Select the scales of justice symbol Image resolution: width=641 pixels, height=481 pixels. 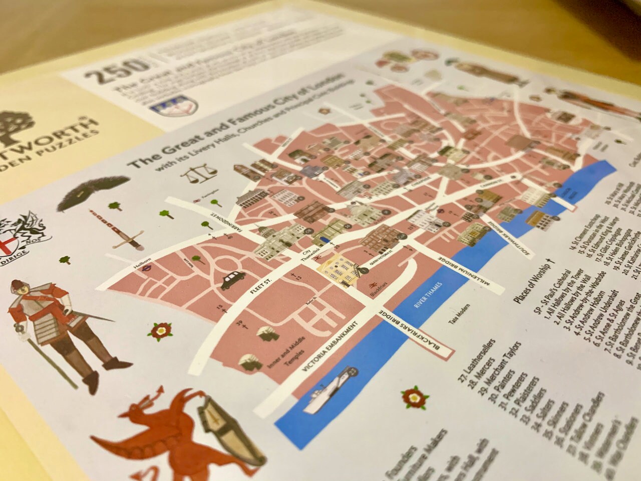tap(198, 174)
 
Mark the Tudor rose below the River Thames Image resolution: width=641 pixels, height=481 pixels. tap(412, 396)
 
